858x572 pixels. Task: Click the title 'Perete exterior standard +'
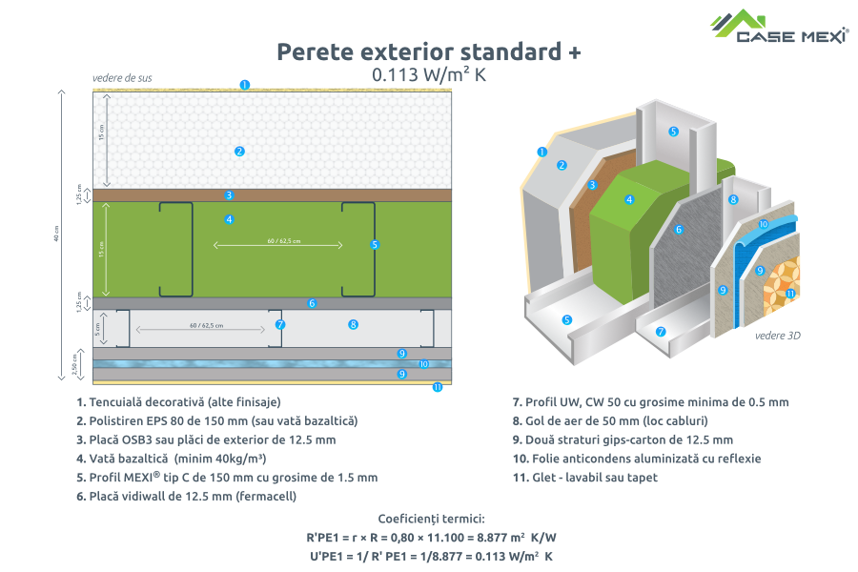428,51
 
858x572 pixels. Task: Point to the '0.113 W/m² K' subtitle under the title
428,74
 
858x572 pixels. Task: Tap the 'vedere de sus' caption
122,77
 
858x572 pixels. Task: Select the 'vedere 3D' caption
776,335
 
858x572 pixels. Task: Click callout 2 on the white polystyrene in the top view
239,151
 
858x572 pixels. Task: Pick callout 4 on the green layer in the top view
229,219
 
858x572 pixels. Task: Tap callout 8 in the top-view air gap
353,324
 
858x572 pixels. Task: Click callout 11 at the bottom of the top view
438,387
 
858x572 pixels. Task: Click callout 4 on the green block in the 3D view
629,199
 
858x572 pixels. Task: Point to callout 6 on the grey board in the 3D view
679,230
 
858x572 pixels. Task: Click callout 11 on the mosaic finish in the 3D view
790,293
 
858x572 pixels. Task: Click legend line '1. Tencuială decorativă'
178,401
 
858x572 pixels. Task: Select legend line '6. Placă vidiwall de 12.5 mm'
187,496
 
